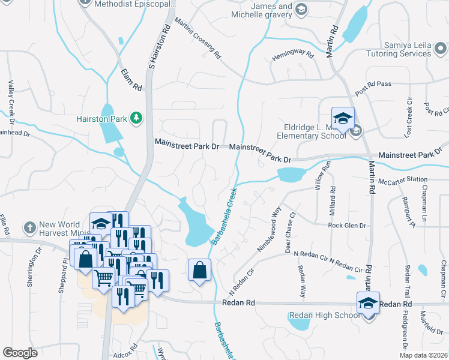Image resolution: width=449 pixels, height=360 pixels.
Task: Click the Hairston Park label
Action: point(101,119)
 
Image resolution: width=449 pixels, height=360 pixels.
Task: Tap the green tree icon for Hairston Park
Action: point(137,118)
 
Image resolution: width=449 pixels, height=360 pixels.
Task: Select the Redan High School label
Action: point(325,316)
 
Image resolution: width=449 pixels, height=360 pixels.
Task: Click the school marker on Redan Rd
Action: point(368,304)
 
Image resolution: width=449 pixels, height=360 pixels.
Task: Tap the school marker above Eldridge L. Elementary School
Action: point(343,119)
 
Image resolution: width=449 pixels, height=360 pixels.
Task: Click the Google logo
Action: point(20,353)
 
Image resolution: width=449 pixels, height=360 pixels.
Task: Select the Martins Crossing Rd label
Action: point(198,38)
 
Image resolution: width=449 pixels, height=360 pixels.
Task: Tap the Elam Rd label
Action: point(131,80)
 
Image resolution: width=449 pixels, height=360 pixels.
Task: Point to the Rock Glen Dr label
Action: point(347,226)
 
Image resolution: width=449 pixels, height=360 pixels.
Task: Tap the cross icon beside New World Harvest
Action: point(29,228)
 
